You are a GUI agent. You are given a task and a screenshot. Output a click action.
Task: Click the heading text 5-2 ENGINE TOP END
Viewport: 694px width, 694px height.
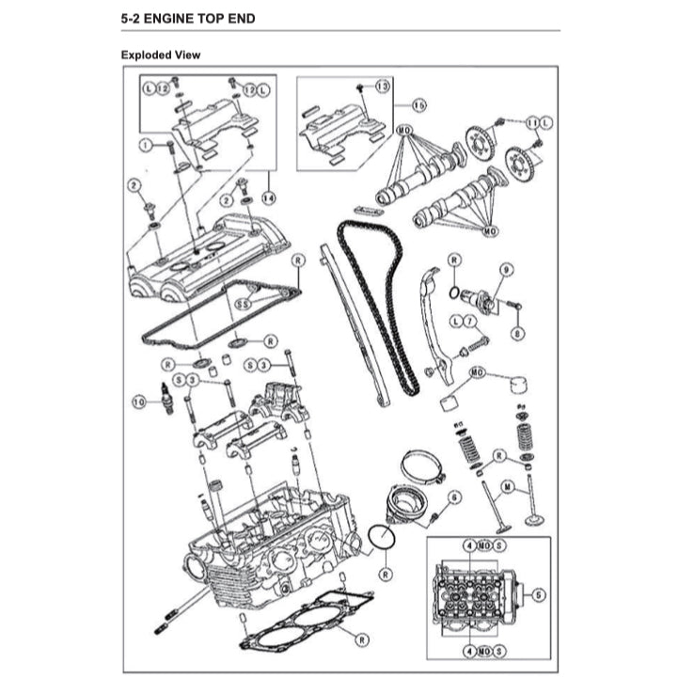tap(188, 18)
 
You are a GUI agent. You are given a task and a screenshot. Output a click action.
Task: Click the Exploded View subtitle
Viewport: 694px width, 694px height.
tap(160, 55)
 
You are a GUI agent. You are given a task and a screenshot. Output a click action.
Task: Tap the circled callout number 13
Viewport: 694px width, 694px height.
tap(381, 86)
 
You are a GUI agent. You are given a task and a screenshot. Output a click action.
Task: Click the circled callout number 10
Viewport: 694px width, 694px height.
tap(139, 402)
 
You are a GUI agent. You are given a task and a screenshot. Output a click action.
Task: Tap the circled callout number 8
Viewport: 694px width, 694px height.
tap(516, 332)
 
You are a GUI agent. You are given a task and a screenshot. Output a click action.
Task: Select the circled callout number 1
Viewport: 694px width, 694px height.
tap(146, 145)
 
